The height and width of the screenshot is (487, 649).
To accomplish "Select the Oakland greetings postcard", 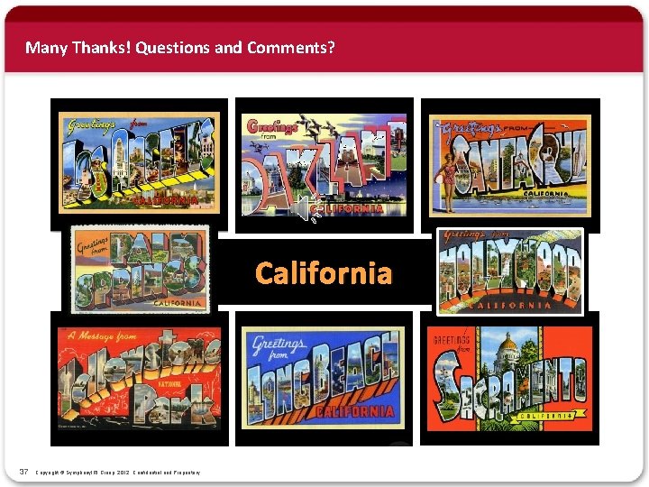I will click(x=324, y=164).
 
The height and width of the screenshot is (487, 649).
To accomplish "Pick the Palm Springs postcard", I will click(x=141, y=269).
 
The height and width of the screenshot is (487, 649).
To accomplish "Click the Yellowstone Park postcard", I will click(x=139, y=377).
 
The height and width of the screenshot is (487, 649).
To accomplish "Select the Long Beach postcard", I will click(x=323, y=377).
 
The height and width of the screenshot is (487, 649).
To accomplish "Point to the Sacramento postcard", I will click(x=509, y=377).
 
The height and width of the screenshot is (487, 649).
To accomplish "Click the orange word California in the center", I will click(x=324, y=272).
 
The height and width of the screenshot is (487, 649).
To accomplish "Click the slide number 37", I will click(x=24, y=472).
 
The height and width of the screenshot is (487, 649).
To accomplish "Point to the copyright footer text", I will click(x=117, y=473).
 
